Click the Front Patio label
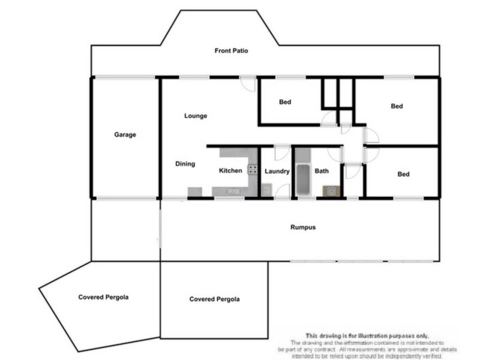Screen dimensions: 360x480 click(231, 51)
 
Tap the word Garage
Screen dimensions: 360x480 click(125, 135)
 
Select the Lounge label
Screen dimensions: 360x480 click(196, 116)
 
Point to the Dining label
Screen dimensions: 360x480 click(185, 164)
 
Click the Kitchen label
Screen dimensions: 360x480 click(230, 171)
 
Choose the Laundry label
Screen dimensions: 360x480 click(277, 172)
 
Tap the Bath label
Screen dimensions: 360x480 click(322, 171)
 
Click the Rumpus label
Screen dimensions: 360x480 click(303, 228)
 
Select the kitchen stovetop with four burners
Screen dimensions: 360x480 click(253, 170)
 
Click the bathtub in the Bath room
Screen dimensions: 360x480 click(302, 179)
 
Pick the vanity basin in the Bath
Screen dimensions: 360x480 click(329, 191)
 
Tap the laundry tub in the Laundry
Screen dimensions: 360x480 click(266, 191)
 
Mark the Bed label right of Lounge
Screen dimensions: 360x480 click(285, 102)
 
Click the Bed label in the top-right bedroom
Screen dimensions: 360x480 click(397, 106)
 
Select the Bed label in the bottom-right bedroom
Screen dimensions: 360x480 click(403, 175)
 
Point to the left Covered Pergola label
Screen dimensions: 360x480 click(103, 297)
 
